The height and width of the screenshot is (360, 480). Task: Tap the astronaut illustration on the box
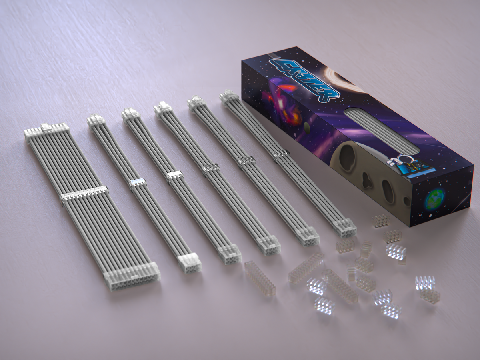400,164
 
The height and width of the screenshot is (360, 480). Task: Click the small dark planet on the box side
306,128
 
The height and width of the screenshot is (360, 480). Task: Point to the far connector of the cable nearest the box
229,97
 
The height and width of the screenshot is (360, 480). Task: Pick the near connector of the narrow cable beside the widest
189,262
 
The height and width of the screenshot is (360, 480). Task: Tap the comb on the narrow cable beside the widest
138,183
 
